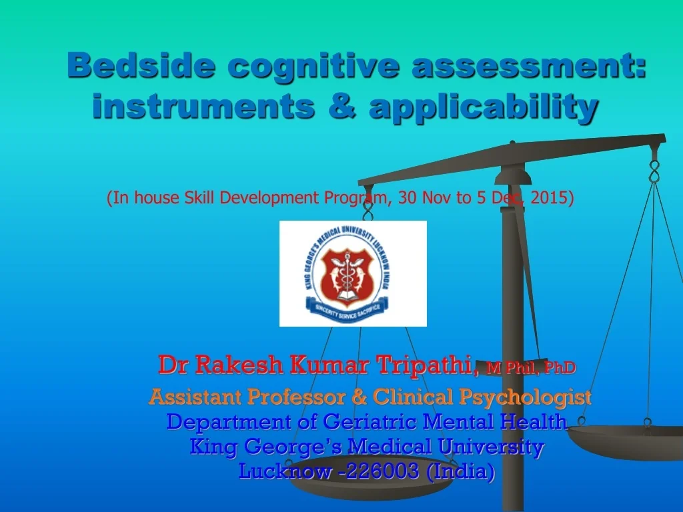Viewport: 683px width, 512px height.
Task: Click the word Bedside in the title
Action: [141, 66]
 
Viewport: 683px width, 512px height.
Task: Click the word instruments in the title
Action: [203, 107]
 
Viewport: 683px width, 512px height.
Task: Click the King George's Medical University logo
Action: [353, 273]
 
